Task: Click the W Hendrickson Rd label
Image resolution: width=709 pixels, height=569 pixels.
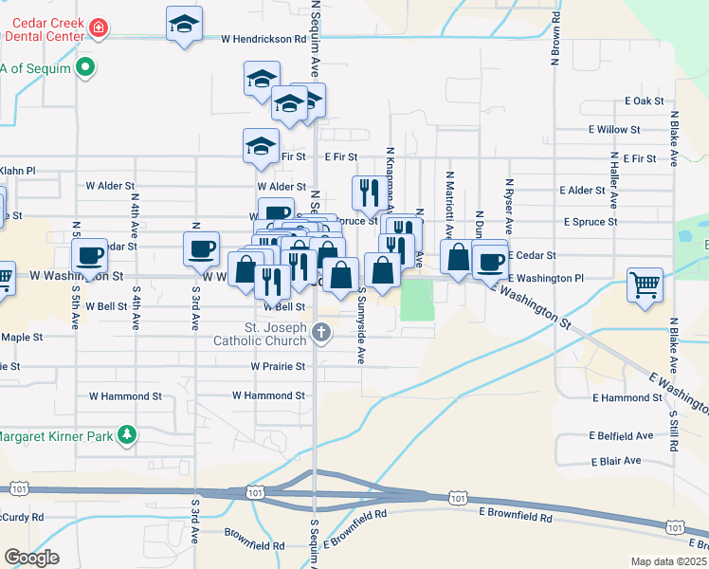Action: coord(264,40)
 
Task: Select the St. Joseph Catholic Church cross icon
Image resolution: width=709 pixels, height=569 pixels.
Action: coord(322,333)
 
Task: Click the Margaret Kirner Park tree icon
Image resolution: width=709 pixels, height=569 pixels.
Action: coord(125,436)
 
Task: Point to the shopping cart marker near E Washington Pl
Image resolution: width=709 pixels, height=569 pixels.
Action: coord(645,284)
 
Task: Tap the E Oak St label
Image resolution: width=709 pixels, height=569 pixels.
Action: coord(644,101)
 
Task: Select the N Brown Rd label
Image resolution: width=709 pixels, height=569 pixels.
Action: coord(555,43)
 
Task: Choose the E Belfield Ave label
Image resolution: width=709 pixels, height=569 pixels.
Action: coord(622,436)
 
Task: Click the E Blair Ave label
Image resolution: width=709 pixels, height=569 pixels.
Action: coord(615,461)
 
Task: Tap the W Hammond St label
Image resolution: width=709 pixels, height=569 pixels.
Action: coord(269,395)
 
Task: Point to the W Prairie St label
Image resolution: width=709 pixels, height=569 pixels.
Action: coord(278,365)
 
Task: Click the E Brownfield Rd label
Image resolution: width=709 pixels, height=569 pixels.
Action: coord(516,516)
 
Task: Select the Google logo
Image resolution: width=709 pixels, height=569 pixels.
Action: coord(31,558)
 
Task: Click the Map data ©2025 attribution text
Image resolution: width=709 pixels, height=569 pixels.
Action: coord(668,561)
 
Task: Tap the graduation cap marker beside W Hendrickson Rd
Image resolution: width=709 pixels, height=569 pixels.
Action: coord(184,26)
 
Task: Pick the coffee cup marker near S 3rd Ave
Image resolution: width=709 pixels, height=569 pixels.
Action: coord(200,249)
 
